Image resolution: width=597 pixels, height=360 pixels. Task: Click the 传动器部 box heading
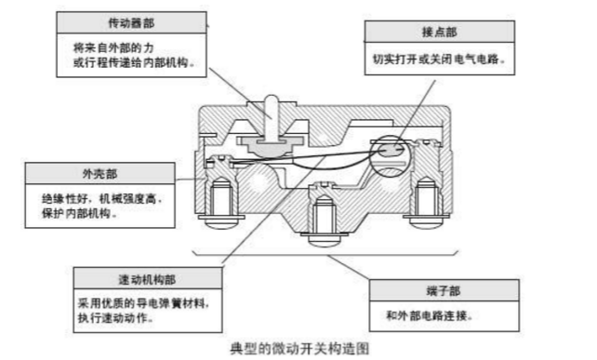(131, 23)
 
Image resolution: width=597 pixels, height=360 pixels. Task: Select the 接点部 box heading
(439, 32)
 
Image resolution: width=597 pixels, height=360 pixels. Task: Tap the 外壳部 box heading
(100, 174)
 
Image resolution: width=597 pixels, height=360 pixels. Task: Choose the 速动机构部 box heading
(147, 279)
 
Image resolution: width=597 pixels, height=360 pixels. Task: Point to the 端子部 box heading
(444, 291)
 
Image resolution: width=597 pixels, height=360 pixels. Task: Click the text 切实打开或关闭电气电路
(439, 60)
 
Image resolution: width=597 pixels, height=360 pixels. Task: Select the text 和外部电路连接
(430, 315)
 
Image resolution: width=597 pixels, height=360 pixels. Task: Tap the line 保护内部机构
(80, 213)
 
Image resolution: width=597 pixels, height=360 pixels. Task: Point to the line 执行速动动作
(115, 318)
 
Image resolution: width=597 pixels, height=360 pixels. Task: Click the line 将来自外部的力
(113, 47)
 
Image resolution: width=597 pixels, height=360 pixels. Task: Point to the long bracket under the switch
(325, 254)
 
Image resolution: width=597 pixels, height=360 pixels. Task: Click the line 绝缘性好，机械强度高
(102, 199)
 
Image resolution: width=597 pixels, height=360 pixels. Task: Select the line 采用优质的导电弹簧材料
(144, 303)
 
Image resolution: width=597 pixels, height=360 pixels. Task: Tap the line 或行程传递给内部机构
(134, 62)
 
